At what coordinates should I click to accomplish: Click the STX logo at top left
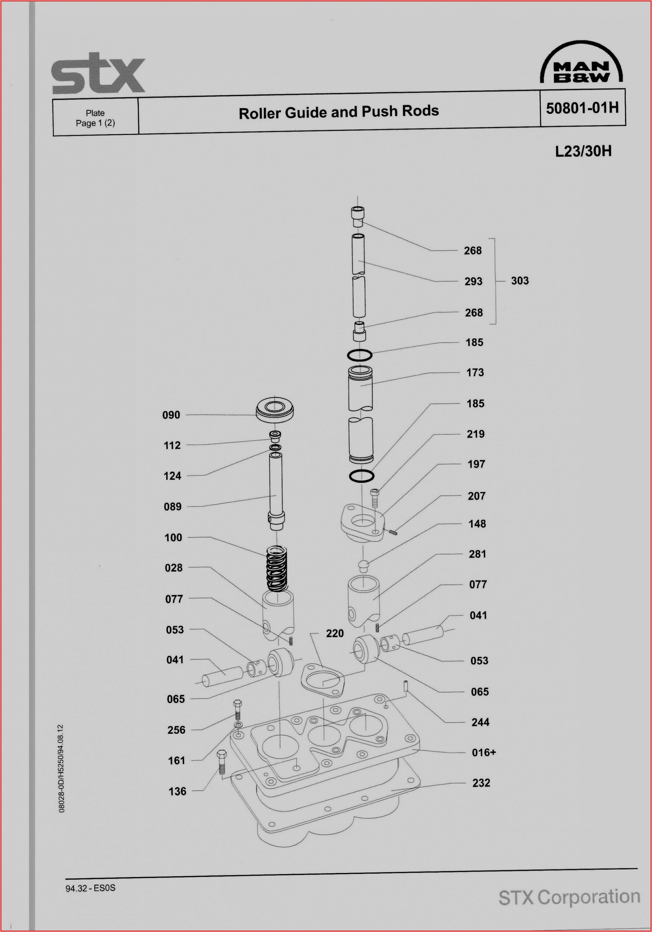[x=98, y=74]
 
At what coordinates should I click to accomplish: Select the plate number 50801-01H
[x=582, y=108]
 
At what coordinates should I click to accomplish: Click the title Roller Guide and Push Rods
[x=339, y=112]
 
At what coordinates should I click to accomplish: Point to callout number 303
[x=520, y=281]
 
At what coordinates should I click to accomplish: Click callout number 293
[x=473, y=281]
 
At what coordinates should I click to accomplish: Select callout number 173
[x=475, y=373]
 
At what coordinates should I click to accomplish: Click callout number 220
[x=335, y=634]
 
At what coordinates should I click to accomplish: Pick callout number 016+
[x=483, y=753]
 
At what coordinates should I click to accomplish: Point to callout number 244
[x=480, y=722]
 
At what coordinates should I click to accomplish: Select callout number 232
[x=481, y=783]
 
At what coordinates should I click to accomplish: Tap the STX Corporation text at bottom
[x=569, y=897]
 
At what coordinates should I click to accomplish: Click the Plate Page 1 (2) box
[x=95, y=118]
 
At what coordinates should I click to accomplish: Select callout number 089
[x=173, y=507]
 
